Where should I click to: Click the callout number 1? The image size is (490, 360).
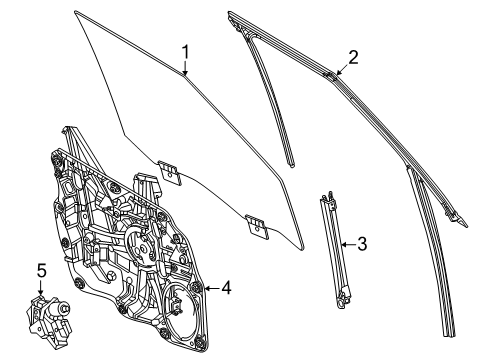(185, 53)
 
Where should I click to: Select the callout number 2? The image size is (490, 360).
(353, 57)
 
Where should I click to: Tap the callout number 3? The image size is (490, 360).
(362, 244)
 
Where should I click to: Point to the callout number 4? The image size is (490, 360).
(226, 287)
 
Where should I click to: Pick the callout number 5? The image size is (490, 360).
(41, 270)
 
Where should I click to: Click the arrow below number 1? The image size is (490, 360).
(185, 68)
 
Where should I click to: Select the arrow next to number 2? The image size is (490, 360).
(342, 69)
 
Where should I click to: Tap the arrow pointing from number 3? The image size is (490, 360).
(349, 244)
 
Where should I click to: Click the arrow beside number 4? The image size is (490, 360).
(212, 288)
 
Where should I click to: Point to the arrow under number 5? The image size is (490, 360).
(41, 288)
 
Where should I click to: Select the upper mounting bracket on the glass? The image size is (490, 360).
(170, 173)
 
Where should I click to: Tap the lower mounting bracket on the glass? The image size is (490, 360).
(257, 227)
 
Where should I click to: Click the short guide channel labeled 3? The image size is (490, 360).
(334, 249)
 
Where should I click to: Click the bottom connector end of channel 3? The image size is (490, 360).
(342, 299)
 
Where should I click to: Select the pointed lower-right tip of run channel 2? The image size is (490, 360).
(467, 226)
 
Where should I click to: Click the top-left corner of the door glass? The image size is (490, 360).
(75, 12)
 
